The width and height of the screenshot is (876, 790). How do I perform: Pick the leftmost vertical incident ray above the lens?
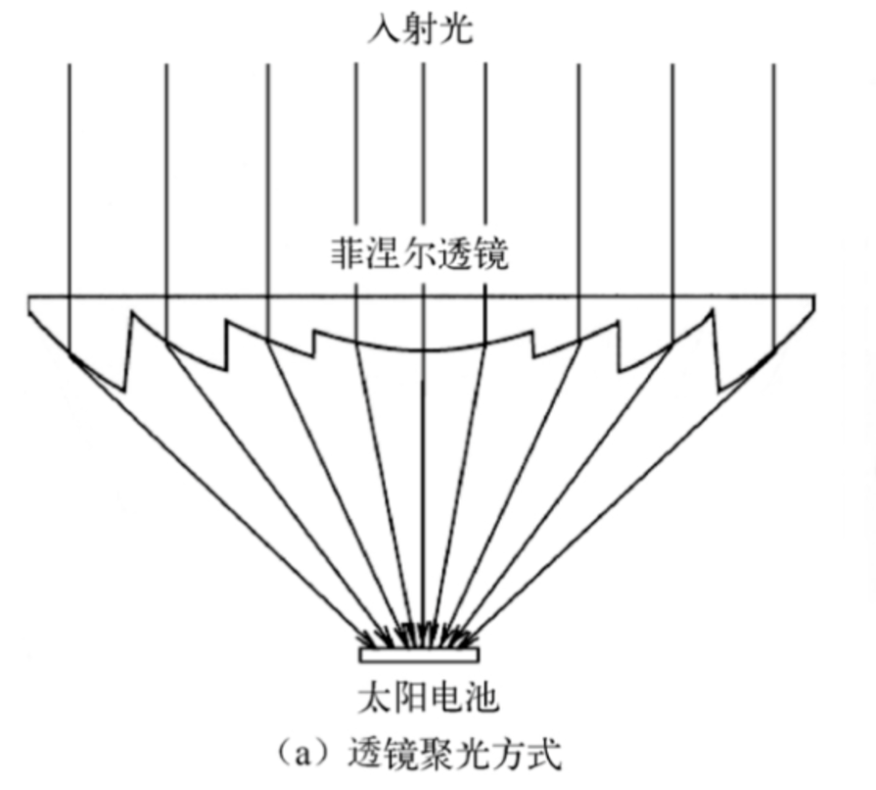click(69, 176)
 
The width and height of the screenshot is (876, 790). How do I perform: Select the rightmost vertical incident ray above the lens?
click(774, 176)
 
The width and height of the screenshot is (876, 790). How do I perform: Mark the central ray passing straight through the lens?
click(422, 176)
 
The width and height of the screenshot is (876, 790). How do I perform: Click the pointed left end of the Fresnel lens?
click(30, 298)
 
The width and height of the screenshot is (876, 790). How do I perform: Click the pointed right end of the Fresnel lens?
click(814, 298)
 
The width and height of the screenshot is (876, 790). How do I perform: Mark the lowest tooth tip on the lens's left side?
click(123, 391)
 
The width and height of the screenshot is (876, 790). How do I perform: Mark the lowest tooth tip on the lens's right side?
click(721, 391)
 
